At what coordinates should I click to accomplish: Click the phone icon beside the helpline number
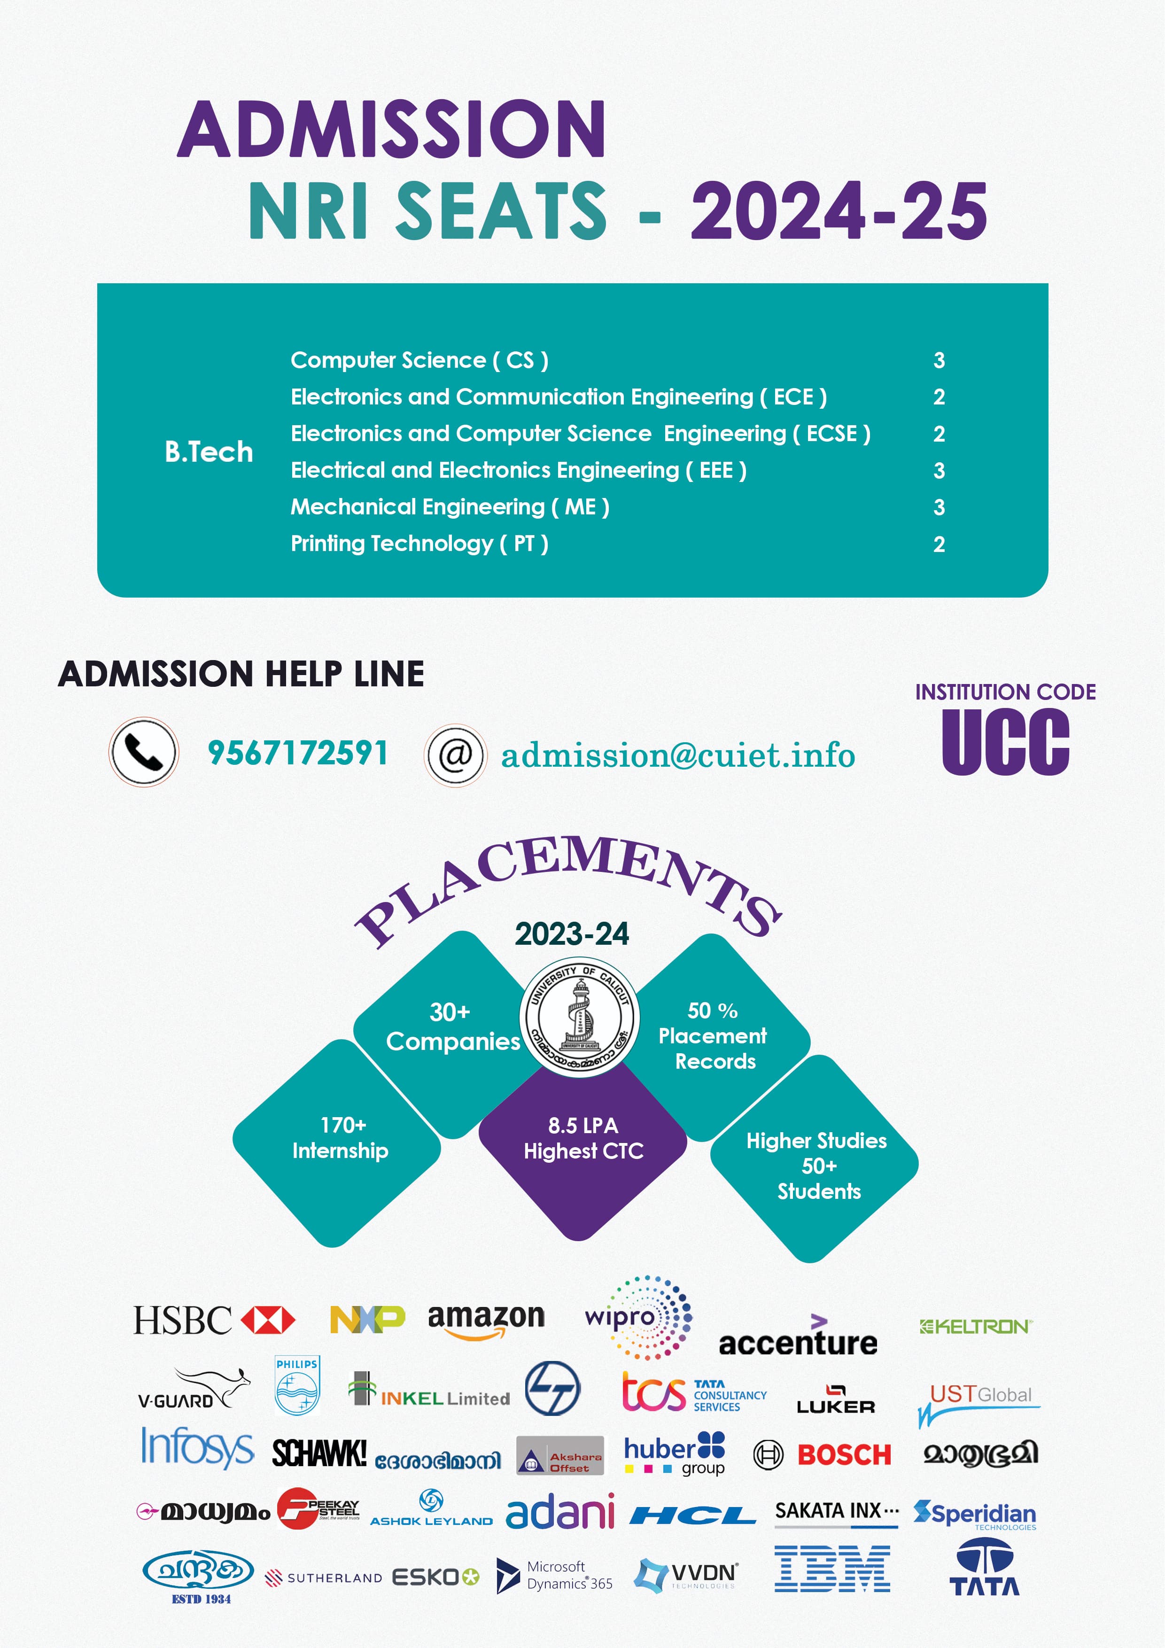pos(144,752)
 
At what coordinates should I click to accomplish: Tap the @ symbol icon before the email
pos(455,755)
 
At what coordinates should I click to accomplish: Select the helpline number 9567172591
pos(297,753)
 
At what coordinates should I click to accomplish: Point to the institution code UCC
pos(1005,742)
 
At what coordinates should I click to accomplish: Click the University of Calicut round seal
pos(579,1016)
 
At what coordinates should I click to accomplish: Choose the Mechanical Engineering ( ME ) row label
pos(450,507)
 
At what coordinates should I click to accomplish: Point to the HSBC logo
pos(214,1321)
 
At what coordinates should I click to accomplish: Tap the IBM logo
pos(832,1569)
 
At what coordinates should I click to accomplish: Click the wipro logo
pos(637,1318)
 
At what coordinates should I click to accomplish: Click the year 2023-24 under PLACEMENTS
pos(571,934)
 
